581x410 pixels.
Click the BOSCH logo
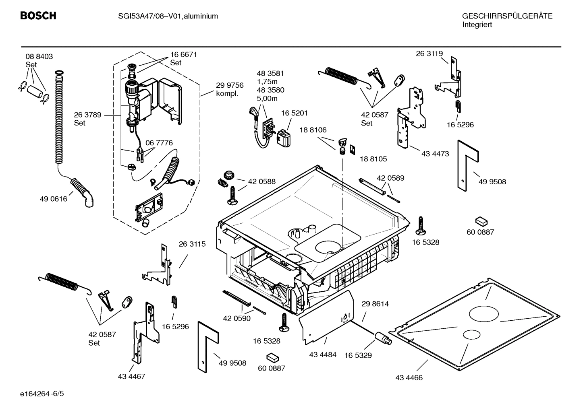[x=38, y=16]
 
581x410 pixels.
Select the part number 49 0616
[x=53, y=199]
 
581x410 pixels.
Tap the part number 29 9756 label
[x=230, y=85]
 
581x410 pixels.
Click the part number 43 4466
[x=409, y=378]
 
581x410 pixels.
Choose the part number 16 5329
[x=358, y=355]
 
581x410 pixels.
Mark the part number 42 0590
[x=237, y=318]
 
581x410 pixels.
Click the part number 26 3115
[x=192, y=244]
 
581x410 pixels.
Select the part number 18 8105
[x=373, y=159]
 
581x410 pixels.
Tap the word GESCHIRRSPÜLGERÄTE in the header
[x=507, y=16]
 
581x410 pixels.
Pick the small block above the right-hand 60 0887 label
[x=481, y=221]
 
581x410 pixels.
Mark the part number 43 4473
[x=435, y=154]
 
